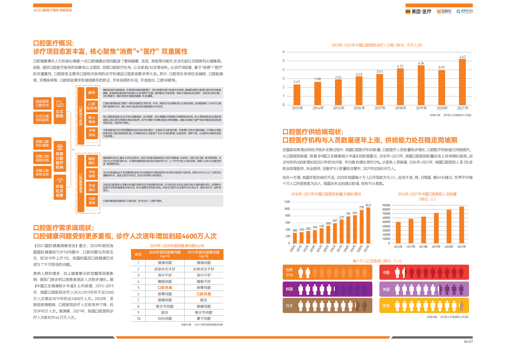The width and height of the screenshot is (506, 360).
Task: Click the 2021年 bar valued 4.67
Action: (x=462, y=82)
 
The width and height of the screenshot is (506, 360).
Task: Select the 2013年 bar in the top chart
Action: (x=297, y=94)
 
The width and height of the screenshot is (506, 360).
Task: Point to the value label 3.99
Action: (x=441, y=67)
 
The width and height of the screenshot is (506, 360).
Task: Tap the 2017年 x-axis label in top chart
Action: (x=380, y=108)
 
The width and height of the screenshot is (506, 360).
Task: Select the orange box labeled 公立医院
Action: (x=60, y=110)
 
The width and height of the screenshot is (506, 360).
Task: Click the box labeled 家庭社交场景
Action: (x=60, y=187)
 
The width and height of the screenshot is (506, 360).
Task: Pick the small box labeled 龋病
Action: (x=92, y=92)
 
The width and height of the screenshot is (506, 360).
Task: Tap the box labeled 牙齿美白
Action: (x=92, y=187)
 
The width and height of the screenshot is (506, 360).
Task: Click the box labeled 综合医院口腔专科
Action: (x=42, y=103)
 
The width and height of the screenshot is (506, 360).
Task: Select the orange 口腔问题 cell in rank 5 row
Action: (x=165, y=288)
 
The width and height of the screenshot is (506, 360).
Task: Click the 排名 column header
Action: (x=138, y=254)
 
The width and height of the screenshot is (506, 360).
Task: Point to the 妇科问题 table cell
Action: (x=165, y=319)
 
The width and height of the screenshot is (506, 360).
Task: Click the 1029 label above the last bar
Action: (x=368, y=205)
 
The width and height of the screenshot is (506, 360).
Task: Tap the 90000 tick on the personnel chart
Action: (x=386, y=205)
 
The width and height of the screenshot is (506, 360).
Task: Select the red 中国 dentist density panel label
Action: (x=386, y=272)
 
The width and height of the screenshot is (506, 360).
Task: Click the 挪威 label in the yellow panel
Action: (x=386, y=305)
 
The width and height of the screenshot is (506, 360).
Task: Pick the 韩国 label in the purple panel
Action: (x=289, y=289)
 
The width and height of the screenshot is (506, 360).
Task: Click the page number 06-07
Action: (x=468, y=342)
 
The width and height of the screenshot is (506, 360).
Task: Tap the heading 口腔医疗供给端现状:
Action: (x=313, y=132)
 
